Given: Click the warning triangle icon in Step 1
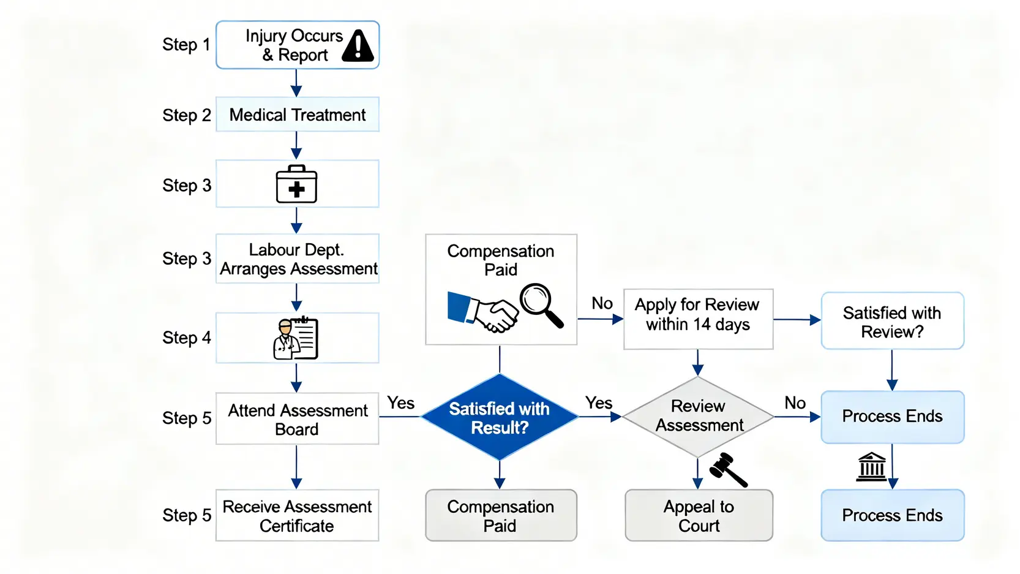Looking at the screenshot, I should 358,46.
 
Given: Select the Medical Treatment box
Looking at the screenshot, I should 298,115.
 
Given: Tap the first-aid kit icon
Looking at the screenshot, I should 296,184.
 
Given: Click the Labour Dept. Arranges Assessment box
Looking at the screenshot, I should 298,259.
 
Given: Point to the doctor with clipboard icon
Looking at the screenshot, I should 296,338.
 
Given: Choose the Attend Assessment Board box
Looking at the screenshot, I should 298,419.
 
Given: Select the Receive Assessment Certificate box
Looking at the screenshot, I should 298,516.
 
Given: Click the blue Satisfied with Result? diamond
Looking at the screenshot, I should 500,418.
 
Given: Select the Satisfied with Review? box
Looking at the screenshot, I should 892,322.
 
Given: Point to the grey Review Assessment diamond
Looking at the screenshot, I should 698,417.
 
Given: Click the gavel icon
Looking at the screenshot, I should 728,470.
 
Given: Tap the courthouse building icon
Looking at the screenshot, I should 872,467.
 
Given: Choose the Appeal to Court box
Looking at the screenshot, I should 699,516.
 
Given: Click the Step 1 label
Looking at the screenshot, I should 186,45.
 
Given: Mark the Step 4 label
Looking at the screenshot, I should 186,338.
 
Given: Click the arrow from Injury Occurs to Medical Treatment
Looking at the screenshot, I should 296,83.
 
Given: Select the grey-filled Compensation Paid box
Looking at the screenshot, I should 501,516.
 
